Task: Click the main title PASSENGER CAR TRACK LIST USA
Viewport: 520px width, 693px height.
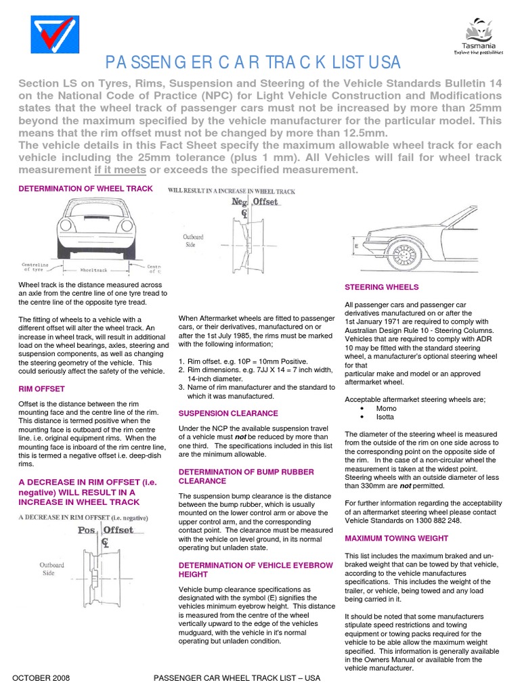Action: [253, 63]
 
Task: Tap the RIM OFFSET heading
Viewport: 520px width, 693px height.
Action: [41, 388]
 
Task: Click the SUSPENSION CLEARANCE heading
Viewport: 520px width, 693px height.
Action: [227, 413]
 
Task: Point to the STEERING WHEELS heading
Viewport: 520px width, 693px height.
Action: [382, 287]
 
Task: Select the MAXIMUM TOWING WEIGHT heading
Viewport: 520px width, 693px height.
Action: [396, 538]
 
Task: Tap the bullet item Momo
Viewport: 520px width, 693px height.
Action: [386, 409]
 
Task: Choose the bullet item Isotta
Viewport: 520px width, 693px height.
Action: [386, 417]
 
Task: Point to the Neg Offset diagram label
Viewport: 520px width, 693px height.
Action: [255, 202]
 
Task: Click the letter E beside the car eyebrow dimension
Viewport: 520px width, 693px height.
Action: [356, 248]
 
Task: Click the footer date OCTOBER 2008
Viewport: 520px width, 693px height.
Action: [41, 677]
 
